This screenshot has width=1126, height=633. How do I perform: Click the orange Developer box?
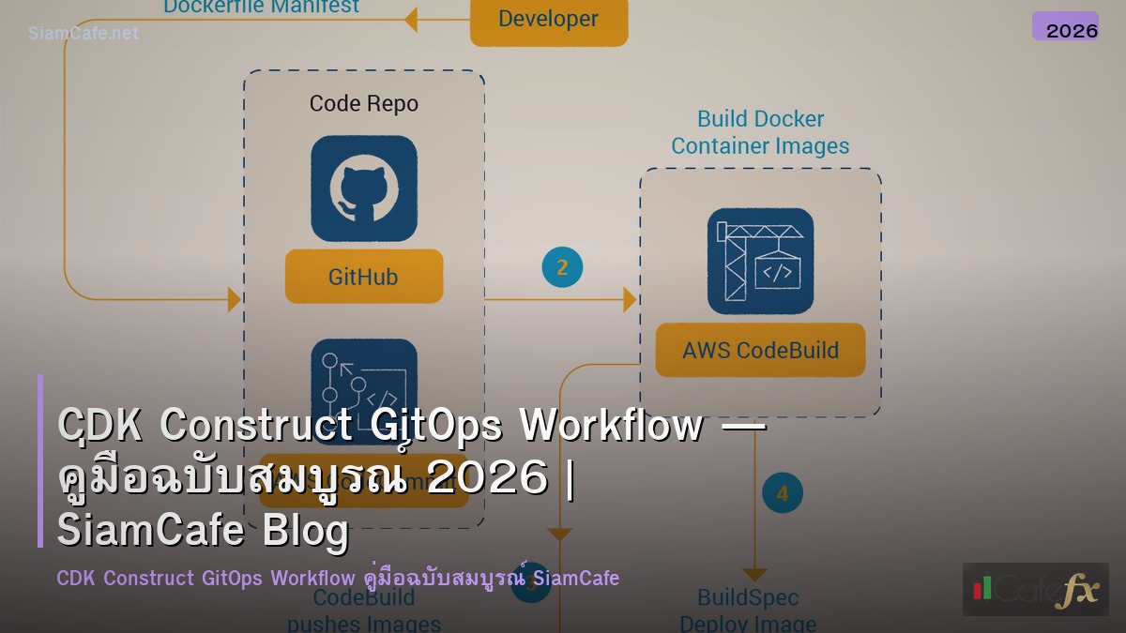tap(548, 20)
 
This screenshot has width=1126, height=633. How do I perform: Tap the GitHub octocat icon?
tap(364, 188)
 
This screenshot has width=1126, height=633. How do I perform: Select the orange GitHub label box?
tap(363, 277)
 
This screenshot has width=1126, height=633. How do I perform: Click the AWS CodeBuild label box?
tap(760, 351)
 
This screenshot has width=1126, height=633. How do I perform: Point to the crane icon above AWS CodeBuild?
tap(760, 261)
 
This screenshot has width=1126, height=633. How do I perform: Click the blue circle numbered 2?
tap(562, 268)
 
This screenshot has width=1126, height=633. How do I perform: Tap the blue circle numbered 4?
tap(782, 493)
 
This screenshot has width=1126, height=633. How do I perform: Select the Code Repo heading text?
tap(364, 103)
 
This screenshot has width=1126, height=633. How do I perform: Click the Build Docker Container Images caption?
tap(760, 132)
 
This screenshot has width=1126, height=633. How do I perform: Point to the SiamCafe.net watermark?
tap(84, 33)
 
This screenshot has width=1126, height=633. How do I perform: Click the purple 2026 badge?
tap(1065, 27)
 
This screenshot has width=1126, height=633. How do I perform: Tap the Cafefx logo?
tap(1035, 589)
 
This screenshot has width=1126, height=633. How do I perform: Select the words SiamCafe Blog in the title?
tap(203, 530)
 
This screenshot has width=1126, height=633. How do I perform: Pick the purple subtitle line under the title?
tap(338, 578)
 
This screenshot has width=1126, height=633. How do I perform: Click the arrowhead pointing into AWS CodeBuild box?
tap(631, 300)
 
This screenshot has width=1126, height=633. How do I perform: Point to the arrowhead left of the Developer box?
tap(410, 19)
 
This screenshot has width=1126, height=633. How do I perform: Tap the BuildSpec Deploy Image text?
tap(748, 610)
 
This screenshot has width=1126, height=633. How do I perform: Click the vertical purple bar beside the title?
tap(40, 460)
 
